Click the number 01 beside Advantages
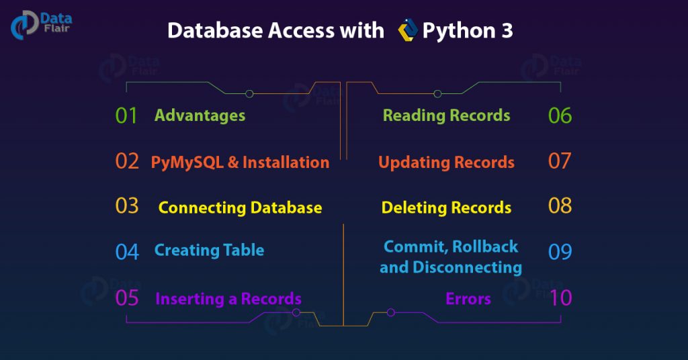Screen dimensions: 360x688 click(126, 116)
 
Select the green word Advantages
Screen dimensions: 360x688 click(200, 116)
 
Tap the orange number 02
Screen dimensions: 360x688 click(126, 161)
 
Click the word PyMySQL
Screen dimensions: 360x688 click(183, 163)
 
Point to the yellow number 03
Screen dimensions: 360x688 click(126, 206)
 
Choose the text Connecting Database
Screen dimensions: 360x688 click(240, 208)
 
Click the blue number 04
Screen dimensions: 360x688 click(126, 251)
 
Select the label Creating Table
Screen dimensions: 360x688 click(209, 251)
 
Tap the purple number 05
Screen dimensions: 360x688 click(126, 298)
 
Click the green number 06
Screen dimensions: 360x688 click(560, 116)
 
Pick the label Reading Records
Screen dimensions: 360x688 click(446, 116)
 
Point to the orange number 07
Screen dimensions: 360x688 click(560, 161)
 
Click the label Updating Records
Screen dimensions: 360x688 click(446, 162)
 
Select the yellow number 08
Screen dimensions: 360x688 click(560, 206)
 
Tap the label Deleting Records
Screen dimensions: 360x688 click(446, 208)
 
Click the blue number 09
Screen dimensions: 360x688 click(560, 251)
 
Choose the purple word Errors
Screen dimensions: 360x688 click(468, 299)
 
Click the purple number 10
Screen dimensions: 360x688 click(560, 298)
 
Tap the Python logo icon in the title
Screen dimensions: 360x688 click(407, 31)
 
